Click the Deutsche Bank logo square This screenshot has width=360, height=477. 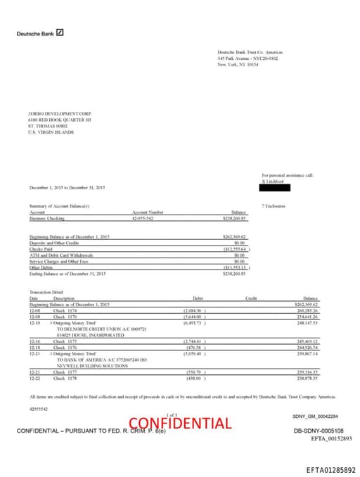tap(60, 32)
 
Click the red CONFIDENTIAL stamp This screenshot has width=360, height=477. tap(180, 423)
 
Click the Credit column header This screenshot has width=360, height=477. tap(251, 298)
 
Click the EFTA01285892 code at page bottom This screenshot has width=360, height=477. tap(330, 469)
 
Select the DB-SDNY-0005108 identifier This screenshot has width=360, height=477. tap(319, 430)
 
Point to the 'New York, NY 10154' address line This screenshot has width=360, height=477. tap(238, 64)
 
